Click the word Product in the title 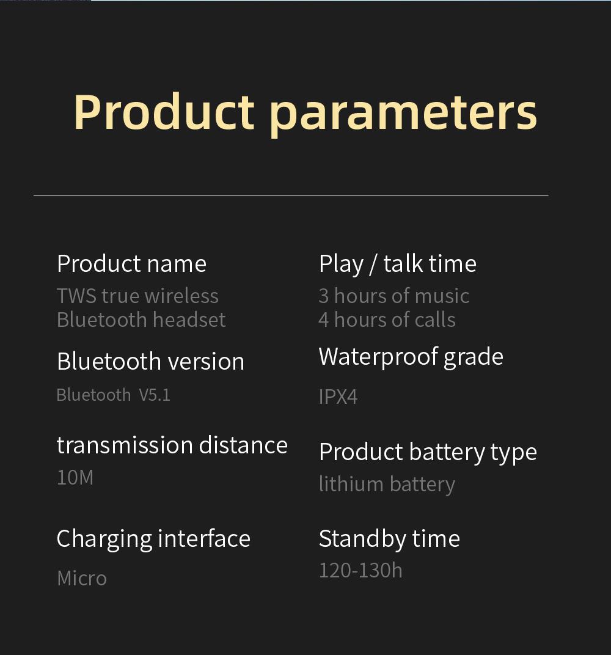pos(164,112)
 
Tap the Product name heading pos(131,264)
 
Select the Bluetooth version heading pos(150,361)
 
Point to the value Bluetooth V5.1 pos(113,395)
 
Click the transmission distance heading pos(172,445)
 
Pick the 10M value pos(75,477)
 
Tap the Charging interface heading pos(153,539)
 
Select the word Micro pos(82,578)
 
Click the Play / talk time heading pos(397,264)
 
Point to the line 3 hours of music pos(393,296)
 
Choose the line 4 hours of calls pos(387,320)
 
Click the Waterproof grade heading pos(411,357)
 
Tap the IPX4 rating pos(338,397)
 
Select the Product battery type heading pos(428,452)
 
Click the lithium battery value pos(387,484)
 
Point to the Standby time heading pos(389,539)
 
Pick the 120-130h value pos(360,570)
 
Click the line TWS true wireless pos(137,296)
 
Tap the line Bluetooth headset pos(141,320)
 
